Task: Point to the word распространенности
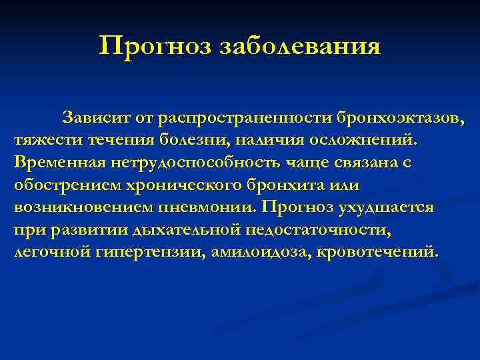pyautogui.click(x=234, y=119)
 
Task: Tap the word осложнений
pyautogui.click(x=364, y=141)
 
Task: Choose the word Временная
pyautogui.click(x=53, y=163)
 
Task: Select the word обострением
pyautogui.click(x=63, y=185)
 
